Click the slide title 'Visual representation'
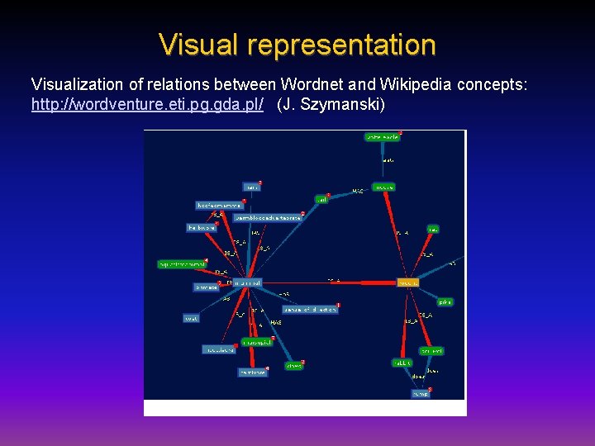click(297, 45)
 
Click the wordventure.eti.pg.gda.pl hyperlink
click(148, 105)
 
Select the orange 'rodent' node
click(407, 282)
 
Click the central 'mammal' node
click(245, 282)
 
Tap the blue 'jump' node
click(421, 394)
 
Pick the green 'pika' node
click(445, 302)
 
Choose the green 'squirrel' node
click(431, 351)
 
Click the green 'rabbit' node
click(402, 363)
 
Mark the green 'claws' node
click(293, 366)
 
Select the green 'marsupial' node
click(256, 343)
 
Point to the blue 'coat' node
click(191, 318)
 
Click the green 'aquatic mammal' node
click(183, 264)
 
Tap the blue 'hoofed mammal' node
click(218, 205)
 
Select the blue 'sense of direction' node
click(310, 310)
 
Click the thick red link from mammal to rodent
click(331, 282)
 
